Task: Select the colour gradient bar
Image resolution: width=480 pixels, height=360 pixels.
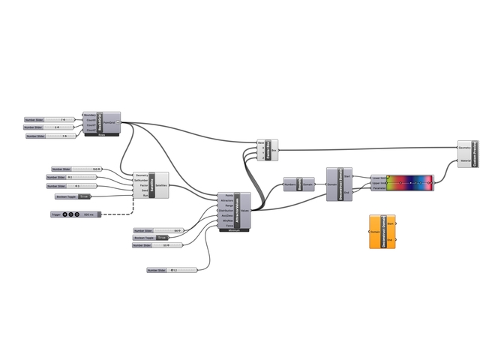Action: (x=410, y=182)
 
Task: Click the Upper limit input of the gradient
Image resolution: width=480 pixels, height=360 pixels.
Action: (x=379, y=183)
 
